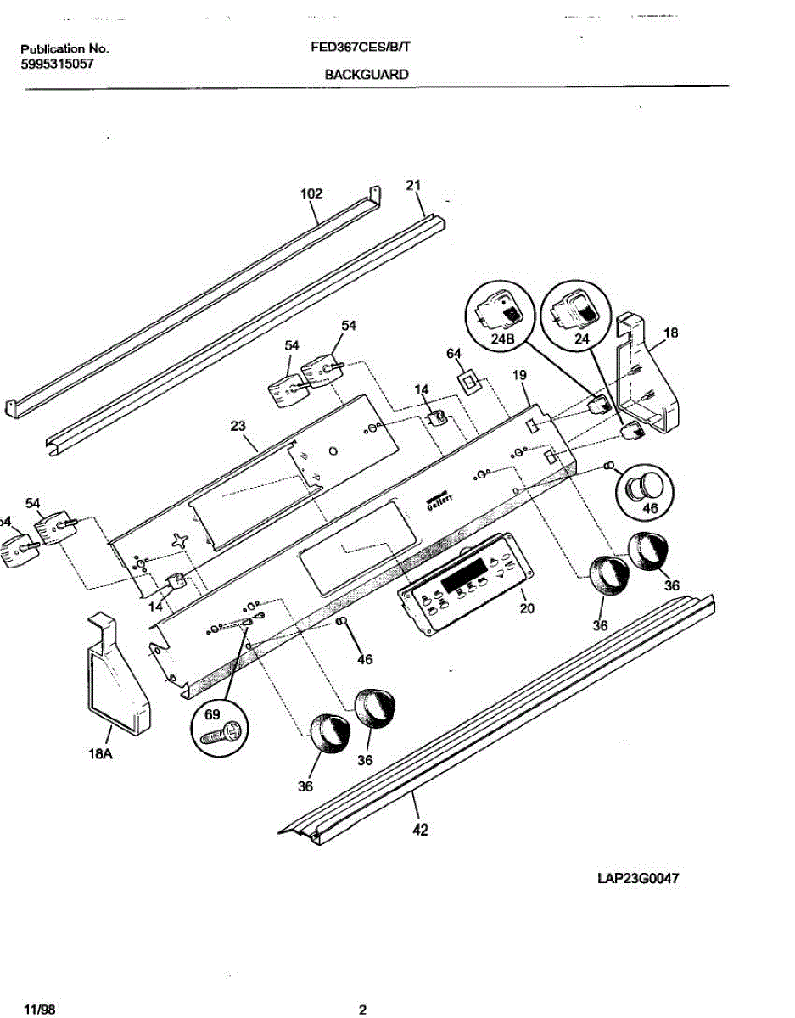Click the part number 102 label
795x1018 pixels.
[x=311, y=193]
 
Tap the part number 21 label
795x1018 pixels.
[x=413, y=186]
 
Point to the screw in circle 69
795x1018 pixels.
[x=221, y=732]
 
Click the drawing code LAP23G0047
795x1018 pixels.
[x=640, y=879]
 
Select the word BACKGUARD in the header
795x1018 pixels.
[x=367, y=75]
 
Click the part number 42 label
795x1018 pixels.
[x=419, y=831]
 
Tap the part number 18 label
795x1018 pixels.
[x=670, y=333]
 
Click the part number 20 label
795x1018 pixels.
[x=527, y=608]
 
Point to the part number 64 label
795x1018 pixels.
[x=454, y=353]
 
